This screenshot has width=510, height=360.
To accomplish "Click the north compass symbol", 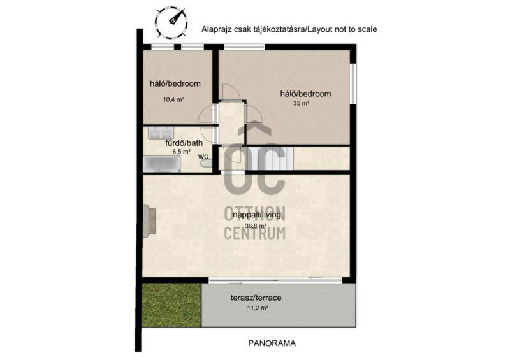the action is pyautogui.click(x=171, y=23).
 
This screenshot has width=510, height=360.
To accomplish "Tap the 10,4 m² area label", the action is pyautogui.click(x=173, y=99).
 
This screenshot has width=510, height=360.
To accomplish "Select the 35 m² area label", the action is pyautogui.click(x=301, y=103).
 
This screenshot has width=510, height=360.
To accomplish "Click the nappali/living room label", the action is pyautogui.click(x=257, y=215).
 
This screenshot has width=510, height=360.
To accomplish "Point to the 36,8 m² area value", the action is pyautogui.click(x=256, y=226).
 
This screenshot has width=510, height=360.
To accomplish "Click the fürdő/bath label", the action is pyautogui.click(x=184, y=143).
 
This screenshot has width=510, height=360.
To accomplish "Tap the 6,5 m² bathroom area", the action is pyautogui.click(x=181, y=152).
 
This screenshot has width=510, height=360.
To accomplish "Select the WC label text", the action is pyautogui.click(x=203, y=156).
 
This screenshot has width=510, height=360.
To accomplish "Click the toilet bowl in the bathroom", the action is pyautogui.click(x=205, y=163).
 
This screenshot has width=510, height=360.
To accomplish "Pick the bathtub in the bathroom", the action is pyautogui.click(x=162, y=164).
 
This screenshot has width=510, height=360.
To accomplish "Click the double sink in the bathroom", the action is pyautogui.click(x=161, y=133).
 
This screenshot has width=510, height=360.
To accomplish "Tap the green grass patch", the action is pyautogui.click(x=172, y=305).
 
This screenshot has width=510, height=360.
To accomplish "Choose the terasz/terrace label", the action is pyautogui.click(x=256, y=298).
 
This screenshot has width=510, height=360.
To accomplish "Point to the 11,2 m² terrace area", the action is pyautogui.click(x=258, y=308).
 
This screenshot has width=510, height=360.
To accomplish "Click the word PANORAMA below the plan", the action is pyautogui.click(x=272, y=343).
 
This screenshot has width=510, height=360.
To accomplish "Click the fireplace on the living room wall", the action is pyautogui.click(x=149, y=220).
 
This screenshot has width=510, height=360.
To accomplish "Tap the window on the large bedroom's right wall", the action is pyautogui.click(x=353, y=83).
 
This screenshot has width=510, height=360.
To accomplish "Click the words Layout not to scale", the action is pyautogui.click(x=342, y=29).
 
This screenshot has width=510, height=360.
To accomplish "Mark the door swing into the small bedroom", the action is pyautogui.click(x=207, y=115).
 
